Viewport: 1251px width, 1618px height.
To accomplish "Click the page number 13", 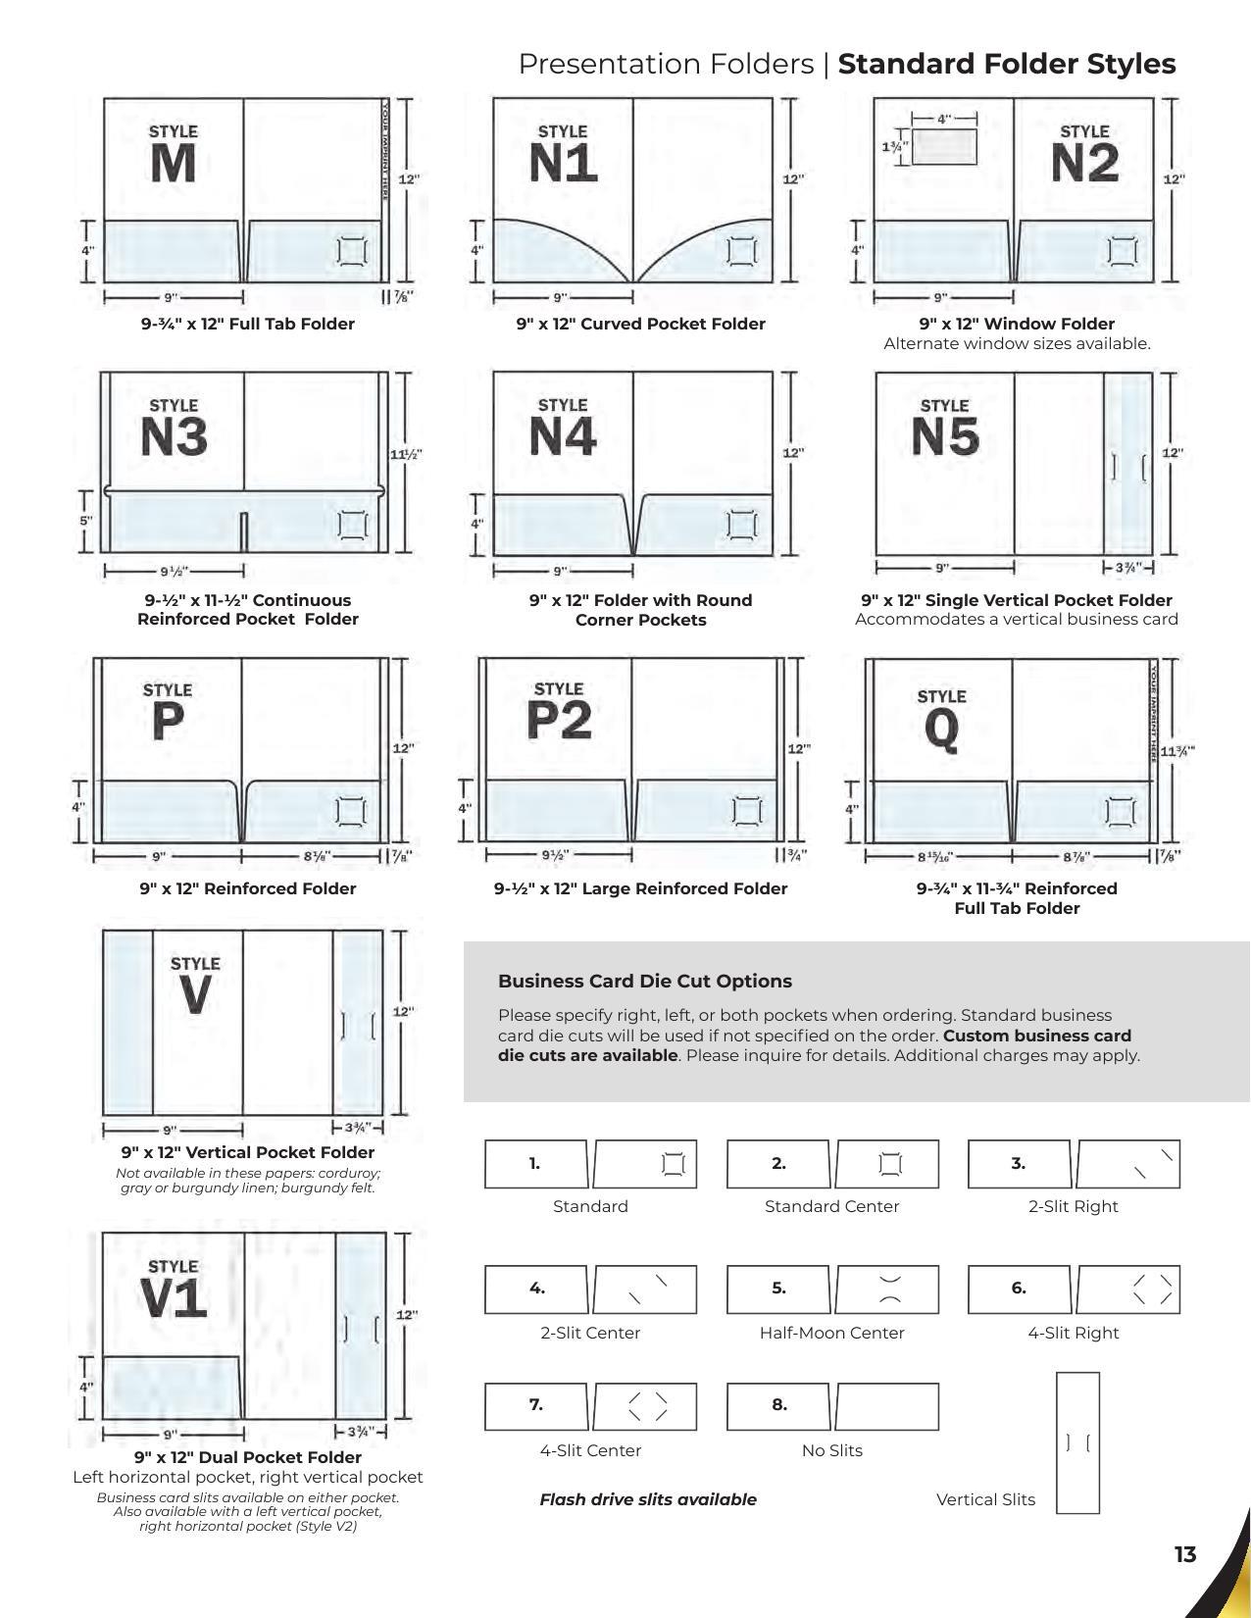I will click(x=1184, y=1554).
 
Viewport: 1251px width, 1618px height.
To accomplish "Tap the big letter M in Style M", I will click(x=173, y=164).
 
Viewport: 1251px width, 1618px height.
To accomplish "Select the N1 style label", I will click(x=563, y=164).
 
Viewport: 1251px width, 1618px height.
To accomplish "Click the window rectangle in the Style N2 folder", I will click(x=943, y=147).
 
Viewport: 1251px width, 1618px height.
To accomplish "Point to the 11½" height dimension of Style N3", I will click(x=405, y=455).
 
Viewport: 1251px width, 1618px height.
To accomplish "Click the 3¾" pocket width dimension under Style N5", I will click(x=1127, y=568).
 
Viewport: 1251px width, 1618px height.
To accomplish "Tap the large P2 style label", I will click(x=559, y=721).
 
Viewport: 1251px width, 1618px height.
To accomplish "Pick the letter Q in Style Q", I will click(x=941, y=730).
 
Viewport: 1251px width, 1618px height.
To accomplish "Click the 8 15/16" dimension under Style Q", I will click(x=934, y=857).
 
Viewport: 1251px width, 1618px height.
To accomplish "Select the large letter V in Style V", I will click(x=195, y=996).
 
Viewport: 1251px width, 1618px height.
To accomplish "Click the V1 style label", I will click(x=174, y=1299).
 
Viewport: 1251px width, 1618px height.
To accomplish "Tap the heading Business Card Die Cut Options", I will click(x=644, y=981).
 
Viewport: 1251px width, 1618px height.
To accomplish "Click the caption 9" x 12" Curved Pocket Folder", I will click(x=640, y=324).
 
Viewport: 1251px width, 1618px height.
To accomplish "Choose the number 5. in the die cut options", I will click(x=778, y=1288).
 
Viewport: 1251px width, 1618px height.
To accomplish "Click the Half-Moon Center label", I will click(x=831, y=1333).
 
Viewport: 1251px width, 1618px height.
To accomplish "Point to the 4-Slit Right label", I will click(x=1073, y=1333).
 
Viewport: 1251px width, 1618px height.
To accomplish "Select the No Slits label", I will click(x=831, y=1450).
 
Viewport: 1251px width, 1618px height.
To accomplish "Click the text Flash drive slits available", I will click(x=647, y=1499).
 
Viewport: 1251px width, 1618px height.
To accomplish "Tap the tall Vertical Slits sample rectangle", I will click(x=1077, y=1442).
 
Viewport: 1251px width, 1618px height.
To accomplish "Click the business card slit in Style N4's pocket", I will click(x=742, y=526).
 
